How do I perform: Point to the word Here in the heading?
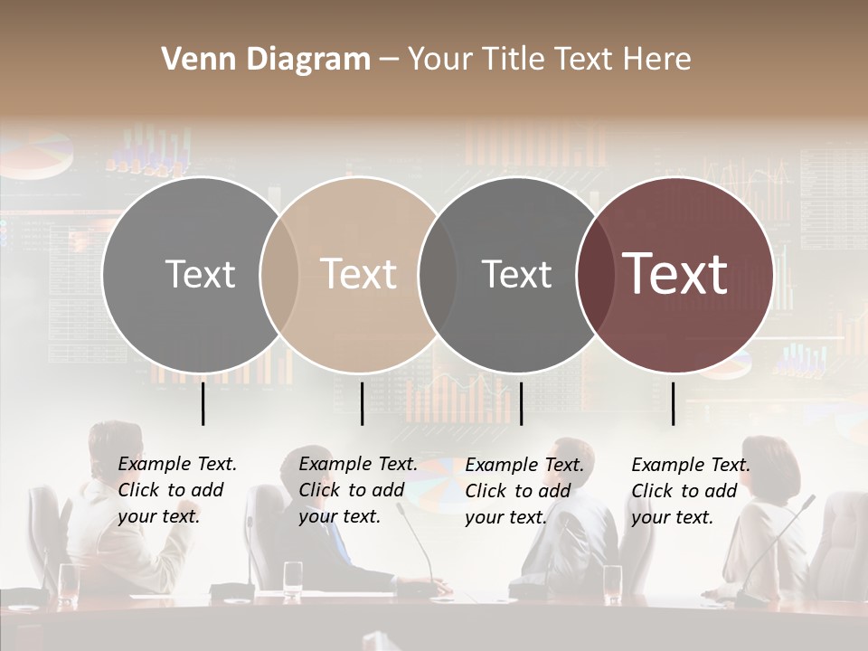(659, 60)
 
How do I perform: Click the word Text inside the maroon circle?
(675, 273)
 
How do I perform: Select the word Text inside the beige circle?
(358, 274)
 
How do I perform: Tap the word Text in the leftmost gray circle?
(200, 274)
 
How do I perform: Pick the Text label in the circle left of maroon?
(516, 274)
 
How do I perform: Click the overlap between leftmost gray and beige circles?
(279, 275)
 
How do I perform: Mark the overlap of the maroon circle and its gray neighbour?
(591, 275)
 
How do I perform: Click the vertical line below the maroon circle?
(674, 403)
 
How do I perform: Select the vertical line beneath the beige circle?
(362, 403)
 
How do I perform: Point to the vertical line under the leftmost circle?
(203, 403)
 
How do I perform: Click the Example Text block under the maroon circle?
(691, 491)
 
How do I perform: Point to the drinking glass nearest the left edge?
(69, 582)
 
